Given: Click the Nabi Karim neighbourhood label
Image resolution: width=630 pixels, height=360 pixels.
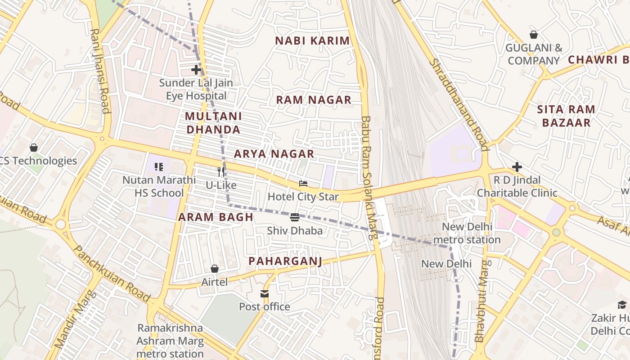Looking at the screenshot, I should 312,40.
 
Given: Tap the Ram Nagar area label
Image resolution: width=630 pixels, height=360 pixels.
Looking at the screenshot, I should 314,100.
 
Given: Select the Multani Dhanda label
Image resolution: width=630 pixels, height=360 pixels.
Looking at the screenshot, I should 213,123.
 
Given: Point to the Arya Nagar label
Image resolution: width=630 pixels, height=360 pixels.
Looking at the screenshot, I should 274,154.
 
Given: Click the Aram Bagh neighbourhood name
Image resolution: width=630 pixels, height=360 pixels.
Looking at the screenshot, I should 216,217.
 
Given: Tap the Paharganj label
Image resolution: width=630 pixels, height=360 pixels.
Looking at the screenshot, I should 285,261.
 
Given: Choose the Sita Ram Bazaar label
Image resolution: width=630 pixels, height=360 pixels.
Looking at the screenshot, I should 566,116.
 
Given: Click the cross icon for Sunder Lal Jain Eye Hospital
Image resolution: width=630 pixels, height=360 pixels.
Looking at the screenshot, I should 196,70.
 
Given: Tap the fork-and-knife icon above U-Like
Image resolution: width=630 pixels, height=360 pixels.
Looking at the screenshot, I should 221,171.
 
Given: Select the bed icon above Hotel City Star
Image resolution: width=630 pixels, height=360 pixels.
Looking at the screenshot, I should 303,184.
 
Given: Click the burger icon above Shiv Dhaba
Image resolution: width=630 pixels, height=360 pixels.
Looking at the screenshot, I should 295,218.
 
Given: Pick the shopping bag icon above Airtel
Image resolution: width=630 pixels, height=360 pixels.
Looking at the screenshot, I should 215,269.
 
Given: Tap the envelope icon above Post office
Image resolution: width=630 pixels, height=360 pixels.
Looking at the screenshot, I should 264,294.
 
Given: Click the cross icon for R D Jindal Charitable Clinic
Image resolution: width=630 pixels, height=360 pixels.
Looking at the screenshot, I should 517,167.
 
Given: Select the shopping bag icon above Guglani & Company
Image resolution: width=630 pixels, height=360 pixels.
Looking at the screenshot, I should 533,35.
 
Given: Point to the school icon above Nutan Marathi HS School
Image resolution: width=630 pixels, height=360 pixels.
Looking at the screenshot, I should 158,167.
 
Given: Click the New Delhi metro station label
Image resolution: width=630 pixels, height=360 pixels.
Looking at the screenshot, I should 467,233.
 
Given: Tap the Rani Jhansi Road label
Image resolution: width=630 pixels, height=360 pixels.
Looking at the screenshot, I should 100,71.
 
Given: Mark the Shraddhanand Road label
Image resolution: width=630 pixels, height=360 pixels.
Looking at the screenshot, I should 459,104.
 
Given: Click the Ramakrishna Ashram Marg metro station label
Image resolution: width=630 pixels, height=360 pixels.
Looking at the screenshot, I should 170,341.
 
